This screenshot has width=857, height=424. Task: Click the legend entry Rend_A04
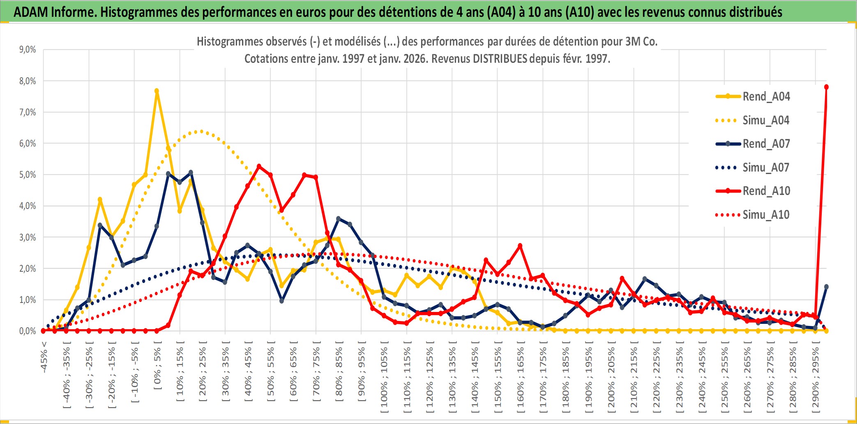click(x=766, y=96)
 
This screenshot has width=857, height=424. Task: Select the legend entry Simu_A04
click(x=766, y=120)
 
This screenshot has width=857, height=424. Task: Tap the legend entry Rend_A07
click(x=766, y=144)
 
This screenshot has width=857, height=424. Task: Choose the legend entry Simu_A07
click(x=766, y=167)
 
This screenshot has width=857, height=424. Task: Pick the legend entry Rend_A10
click(x=766, y=191)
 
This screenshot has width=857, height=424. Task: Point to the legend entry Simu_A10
click(x=766, y=215)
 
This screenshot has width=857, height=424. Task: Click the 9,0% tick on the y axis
click(x=28, y=50)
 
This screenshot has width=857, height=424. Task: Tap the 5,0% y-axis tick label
click(x=28, y=175)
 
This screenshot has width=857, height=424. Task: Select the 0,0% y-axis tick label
click(x=28, y=331)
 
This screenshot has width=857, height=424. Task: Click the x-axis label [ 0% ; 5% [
click(x=157, y=369)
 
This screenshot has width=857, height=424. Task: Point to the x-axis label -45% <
click(x=44, y=357)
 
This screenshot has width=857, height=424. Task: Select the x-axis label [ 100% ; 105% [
click(x=384, y=378)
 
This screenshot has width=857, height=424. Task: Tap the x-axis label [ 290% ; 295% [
click(x=816, y=378)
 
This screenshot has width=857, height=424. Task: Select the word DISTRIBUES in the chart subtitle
click(x=500, y=59)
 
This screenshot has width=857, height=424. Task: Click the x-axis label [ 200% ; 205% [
click(x=611, y=378)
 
